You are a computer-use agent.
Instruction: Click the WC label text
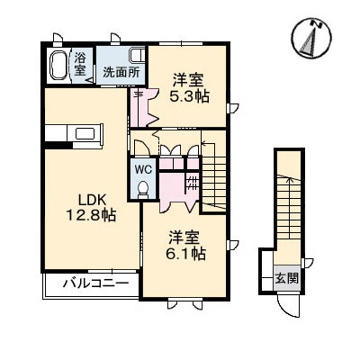(144, 167)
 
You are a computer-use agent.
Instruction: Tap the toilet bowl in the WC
(144, 187)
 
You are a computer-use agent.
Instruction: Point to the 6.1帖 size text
(184, 255)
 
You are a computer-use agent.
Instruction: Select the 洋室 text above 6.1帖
(184, 238)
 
